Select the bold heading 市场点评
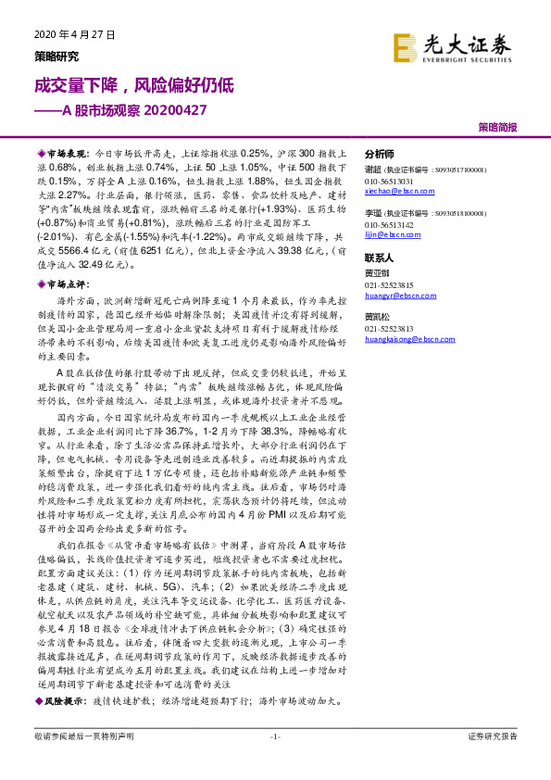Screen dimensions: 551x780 point(67,286)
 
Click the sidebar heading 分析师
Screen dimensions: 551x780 point(380,155)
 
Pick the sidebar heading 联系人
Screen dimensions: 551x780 point(380,258)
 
